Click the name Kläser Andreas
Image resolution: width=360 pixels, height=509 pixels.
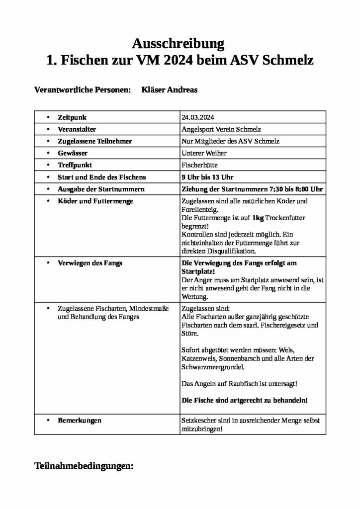[169, 90]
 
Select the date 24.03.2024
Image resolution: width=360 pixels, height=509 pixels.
[199, 117]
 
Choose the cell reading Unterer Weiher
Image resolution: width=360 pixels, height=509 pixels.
[204, 153]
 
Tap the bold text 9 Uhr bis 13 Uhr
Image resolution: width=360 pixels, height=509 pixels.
[208, 177]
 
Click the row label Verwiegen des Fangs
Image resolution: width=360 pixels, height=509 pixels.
[90, 263]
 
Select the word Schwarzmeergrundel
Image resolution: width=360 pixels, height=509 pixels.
[213, 368]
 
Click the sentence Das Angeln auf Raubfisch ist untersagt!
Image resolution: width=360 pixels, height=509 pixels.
[240, 384]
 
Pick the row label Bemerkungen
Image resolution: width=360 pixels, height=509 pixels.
[80, 421]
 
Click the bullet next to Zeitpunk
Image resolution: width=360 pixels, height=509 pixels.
[47, 117]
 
